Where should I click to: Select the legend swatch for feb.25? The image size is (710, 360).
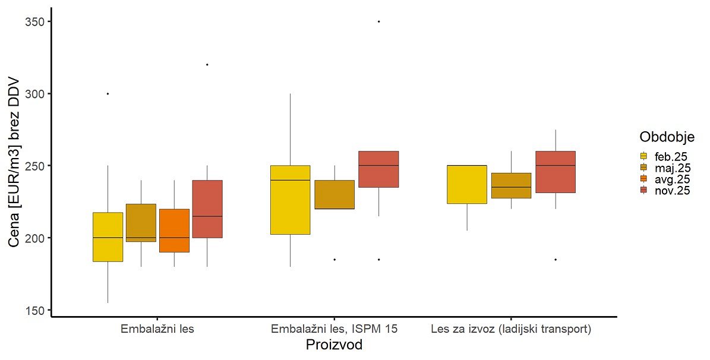point(643,156)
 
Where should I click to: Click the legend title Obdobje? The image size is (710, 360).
point(667,137)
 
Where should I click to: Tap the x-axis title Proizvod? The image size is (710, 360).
point(334,345)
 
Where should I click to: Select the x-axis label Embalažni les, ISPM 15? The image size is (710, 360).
point(333,328)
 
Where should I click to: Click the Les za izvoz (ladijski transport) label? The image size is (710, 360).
point(511,328)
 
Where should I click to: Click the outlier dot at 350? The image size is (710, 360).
point(378,22)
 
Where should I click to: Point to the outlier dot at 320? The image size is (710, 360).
point(207,64)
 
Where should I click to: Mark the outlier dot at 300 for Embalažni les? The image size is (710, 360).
point(108,94)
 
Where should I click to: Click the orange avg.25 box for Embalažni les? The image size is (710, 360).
point(174,230)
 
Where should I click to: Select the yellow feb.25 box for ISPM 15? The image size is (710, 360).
point(290,200)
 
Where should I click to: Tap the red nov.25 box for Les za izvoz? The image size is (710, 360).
point(555,172)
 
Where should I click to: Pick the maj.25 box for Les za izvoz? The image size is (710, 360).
point(511,185)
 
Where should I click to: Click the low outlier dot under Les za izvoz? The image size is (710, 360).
point(555,260)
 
